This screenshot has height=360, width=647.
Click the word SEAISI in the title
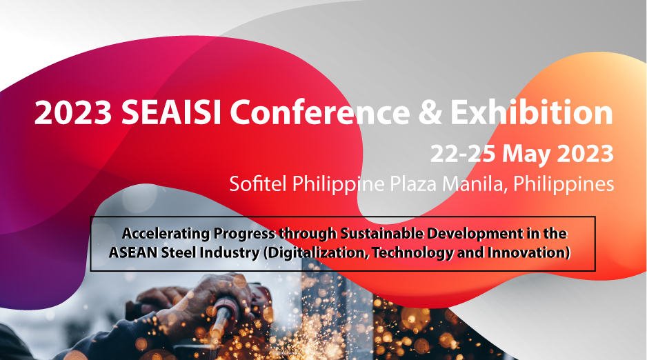(x=171, y=112)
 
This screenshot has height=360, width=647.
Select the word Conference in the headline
(x=320, y=112)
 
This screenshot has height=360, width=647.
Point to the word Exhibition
(x=531, y=112)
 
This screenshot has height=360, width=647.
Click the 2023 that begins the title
(x=73, y=112)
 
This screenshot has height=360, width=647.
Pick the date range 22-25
(x=463, y=153)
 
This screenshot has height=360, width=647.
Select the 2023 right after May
(x=586, y=153)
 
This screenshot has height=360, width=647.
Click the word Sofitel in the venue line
(x=258, y=183)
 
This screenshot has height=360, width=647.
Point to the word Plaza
(x=413, y=184)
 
